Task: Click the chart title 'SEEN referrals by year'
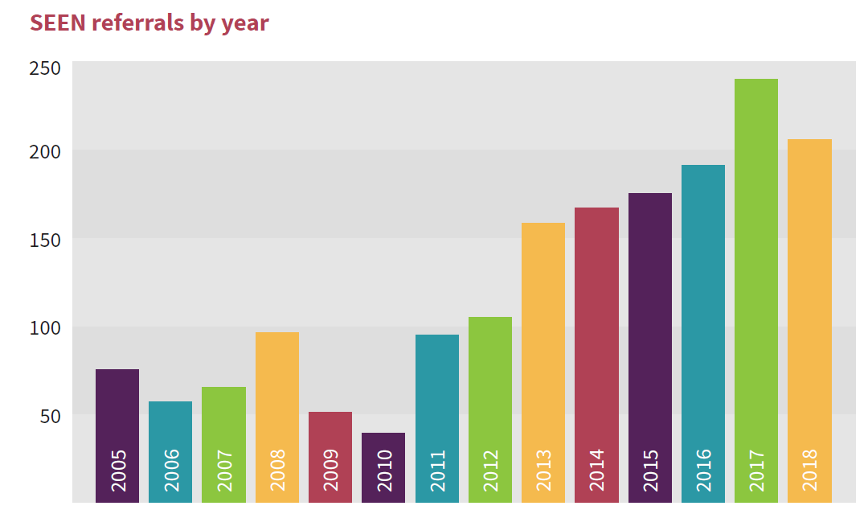point(149,23)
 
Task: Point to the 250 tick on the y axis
point(45,68)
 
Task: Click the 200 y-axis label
point(45,151)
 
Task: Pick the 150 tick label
point(45,240)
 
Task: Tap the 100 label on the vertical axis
point(45,328)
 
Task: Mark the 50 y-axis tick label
point(50,417)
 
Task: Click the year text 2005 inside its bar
point(118,471)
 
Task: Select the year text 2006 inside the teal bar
point(171,471)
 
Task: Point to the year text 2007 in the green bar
point(224,471)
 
